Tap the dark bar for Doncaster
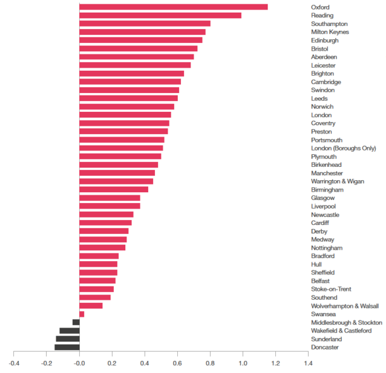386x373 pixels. tap(67, 347)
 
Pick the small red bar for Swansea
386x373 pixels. tap(82, 314)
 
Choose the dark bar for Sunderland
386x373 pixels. tap(68, 339)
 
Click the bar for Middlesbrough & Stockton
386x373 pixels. tap(76, 322)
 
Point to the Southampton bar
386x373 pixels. tap(145, 23)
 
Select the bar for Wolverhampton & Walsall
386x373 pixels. tap(91, 305)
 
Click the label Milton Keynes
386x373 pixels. tap(330, 32)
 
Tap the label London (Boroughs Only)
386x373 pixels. tap(344, 148)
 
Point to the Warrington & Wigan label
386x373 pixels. tap(337, 181)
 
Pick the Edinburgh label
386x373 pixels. tap(325, 40)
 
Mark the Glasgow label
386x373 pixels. tap(323, 198)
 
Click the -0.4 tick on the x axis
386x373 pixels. tap(14, 363)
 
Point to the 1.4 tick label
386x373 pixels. tap(308, 363)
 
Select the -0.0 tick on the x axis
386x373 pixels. tap(79, 363)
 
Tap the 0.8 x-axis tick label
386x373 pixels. tap(210, 363)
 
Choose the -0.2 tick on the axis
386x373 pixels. tap(47, 363)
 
